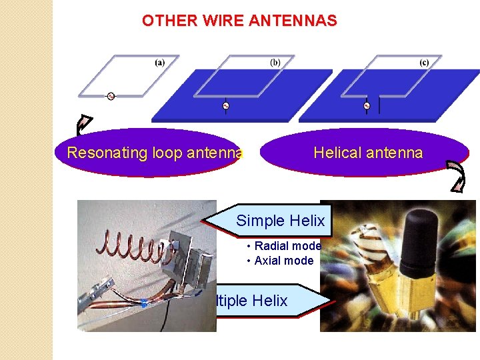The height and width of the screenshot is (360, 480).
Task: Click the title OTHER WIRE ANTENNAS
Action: [x=239, y=21]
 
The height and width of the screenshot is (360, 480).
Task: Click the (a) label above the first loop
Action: [x=160, y=63]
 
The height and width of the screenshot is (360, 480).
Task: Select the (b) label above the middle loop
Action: [x=275, y=63]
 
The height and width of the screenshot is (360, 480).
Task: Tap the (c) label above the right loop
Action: [x=424, y=63]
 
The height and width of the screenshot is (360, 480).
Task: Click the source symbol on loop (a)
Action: [x=111, y=96]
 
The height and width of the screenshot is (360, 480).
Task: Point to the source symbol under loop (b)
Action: [x=225, y=105]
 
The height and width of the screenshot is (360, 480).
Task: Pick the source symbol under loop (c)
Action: [x=367, y=105]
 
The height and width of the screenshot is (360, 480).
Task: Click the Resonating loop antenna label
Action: [x=154, y=153]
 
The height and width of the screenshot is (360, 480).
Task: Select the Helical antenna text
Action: [x=368, y=153]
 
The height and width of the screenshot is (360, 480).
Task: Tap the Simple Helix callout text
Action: [x=280, y=221]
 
